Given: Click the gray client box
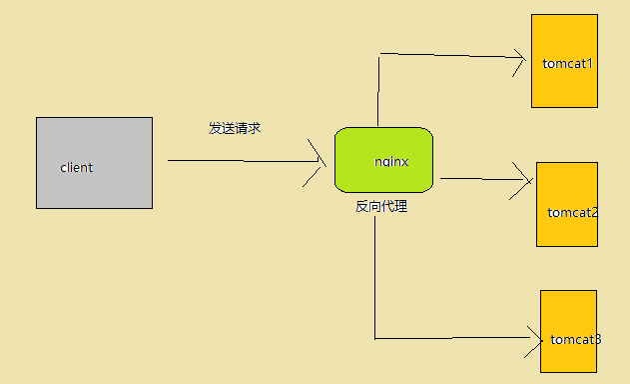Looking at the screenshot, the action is [94, 185].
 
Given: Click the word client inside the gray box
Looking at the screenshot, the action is [76, 167].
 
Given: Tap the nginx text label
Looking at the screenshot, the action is [391, 160].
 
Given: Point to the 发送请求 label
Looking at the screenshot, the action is [235, 128].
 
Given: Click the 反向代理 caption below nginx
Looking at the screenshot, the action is [381, 207].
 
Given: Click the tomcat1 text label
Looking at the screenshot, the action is [568, 64].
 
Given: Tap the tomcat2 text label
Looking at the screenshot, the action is [573, 212].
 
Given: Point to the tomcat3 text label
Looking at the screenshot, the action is [575, 339].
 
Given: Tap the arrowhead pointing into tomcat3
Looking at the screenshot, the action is [533, 338].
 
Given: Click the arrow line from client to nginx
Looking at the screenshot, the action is [240, 160].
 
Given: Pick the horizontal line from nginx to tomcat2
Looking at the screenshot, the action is [479, 180].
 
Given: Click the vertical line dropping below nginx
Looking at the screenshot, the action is [374, 280].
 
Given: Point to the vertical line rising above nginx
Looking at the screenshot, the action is [379, 90].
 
